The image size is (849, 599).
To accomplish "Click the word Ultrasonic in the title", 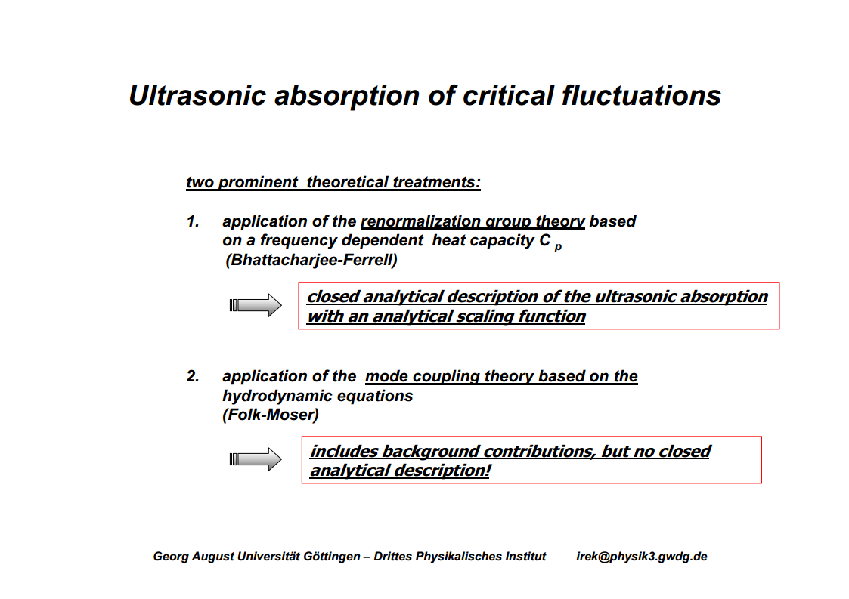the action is pos(197,96).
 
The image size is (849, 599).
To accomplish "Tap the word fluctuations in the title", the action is pos(641,96).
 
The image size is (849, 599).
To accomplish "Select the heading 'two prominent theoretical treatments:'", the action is pos(333,182).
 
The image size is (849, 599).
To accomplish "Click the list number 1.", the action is pos(193,221).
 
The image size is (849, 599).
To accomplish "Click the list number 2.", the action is pos(193,376).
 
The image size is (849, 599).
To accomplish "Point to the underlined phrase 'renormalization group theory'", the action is pos(473,222).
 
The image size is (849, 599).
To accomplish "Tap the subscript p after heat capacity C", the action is pos(558,247).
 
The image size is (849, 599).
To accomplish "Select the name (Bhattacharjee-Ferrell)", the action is pos(311,261).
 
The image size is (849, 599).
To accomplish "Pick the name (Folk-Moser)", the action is pos(271,415).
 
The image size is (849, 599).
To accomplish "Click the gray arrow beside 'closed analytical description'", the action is pos(256,305).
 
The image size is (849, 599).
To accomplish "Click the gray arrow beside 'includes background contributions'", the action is pos(256,459).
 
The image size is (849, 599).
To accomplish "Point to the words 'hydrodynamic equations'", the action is pos(318,396).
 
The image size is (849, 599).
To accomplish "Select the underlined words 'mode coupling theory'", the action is pos(449,377).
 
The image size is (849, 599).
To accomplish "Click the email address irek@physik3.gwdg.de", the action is pos(642,557).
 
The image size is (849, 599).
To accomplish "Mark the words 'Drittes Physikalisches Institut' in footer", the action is pos(460,557).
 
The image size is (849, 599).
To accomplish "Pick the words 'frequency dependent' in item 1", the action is pos(341,241).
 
